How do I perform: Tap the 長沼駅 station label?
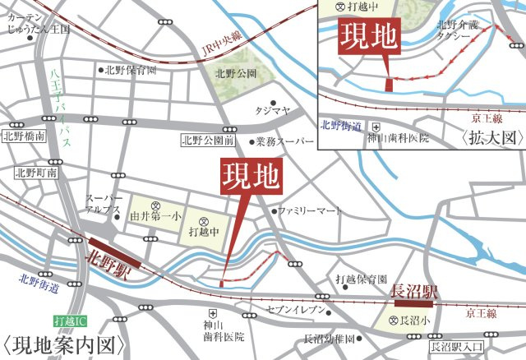pos(413,290)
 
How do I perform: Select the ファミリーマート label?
pos(311,211)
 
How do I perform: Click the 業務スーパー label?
pos(285,141)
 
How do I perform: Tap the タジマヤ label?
pos(270,109)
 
